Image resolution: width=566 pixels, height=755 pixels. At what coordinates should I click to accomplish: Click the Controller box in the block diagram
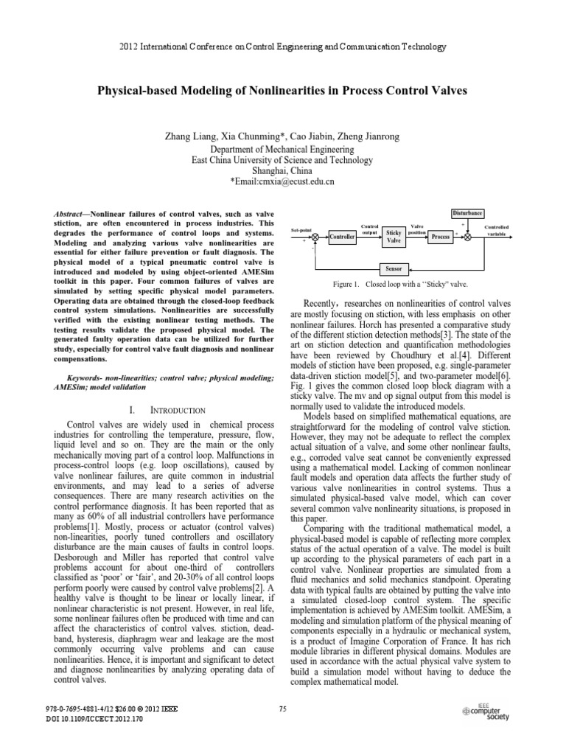coord(341,237)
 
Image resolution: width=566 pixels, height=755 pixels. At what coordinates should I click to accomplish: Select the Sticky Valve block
coord(394,236)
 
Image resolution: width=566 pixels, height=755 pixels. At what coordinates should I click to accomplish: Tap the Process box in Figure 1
coord(440,236)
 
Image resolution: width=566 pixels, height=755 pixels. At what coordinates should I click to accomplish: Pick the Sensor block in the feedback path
coord(393,269)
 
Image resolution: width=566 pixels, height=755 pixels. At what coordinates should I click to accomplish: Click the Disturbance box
coord(467,213)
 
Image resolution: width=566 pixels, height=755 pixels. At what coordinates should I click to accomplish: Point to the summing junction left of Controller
coord(315,236)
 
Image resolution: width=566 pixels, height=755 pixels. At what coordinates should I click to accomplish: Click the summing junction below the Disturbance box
coord(467,236)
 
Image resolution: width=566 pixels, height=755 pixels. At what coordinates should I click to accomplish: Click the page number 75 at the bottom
coord(282,709)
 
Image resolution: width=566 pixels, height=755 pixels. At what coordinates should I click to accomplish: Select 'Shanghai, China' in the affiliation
coord(282,169)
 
